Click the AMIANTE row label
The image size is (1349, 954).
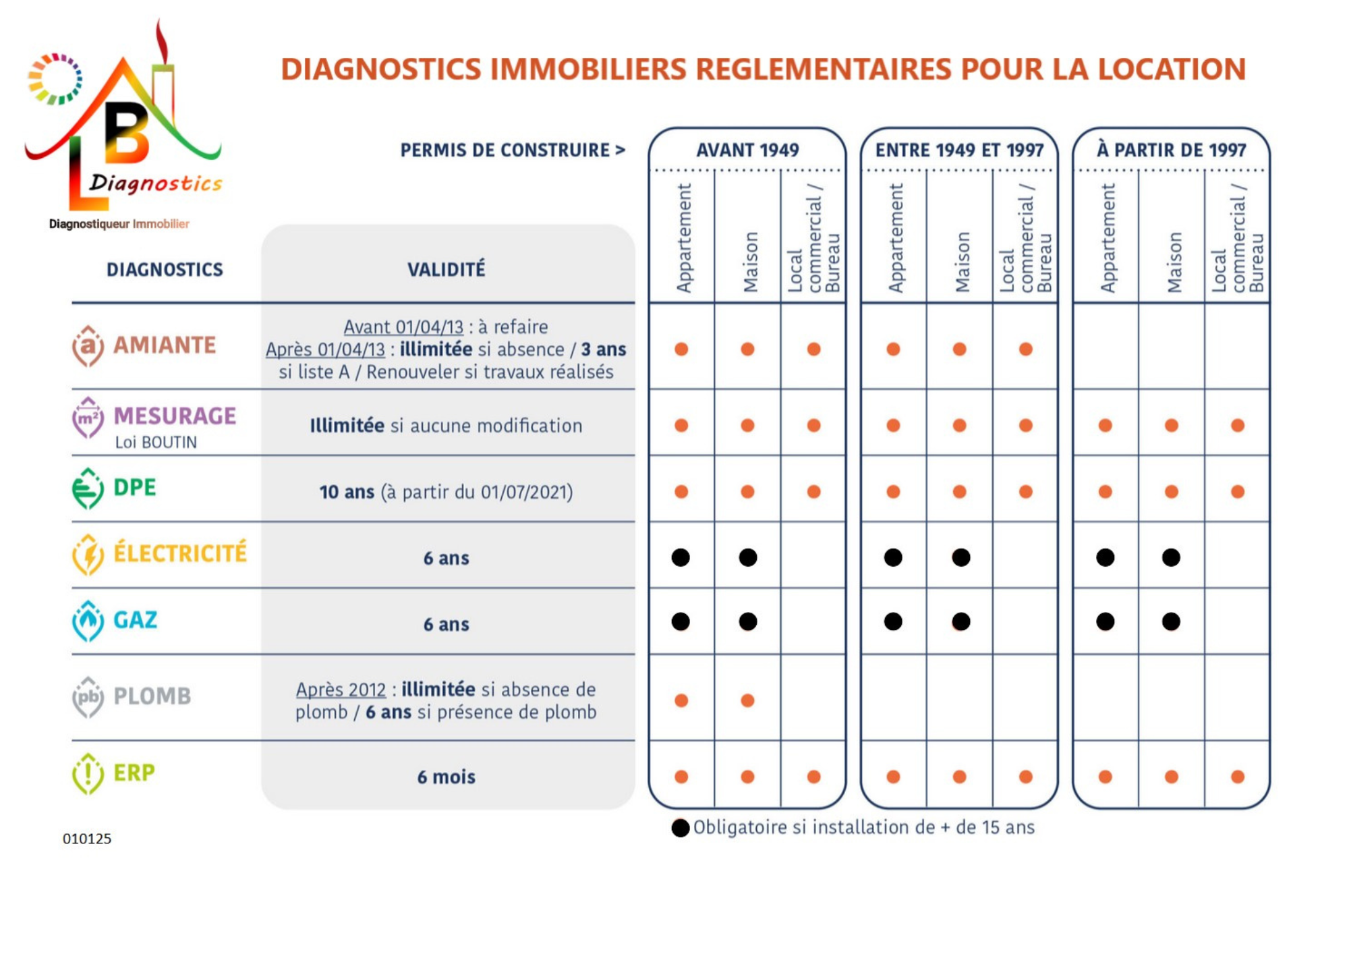coord(164,345)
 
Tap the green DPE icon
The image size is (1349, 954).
coord(88,488)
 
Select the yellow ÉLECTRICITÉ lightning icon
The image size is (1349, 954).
coord(88,555)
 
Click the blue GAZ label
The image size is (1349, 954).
coord(135,620)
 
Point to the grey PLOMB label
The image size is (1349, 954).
coord(152,696)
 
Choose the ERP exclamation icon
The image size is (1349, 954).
coord(88,773)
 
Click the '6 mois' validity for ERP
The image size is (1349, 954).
coord(446,777)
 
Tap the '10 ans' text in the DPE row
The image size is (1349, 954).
coord(347,492)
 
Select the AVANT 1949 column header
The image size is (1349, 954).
coord(747,150)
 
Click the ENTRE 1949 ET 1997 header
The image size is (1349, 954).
coord(959,150)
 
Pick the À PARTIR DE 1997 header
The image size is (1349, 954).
coord(1171,149)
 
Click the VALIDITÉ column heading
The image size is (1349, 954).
coord(446,269)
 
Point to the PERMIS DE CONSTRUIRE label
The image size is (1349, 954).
coord(513,150)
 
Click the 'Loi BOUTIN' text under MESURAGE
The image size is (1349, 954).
coord(156,443)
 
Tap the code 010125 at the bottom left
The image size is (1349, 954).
coord(87,839)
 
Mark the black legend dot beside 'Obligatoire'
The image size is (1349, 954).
coord(681,828)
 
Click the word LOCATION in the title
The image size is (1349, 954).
coord(1172,69)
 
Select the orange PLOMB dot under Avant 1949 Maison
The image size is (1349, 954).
coord(747,700)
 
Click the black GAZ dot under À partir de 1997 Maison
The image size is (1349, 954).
coord(1171,621)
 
